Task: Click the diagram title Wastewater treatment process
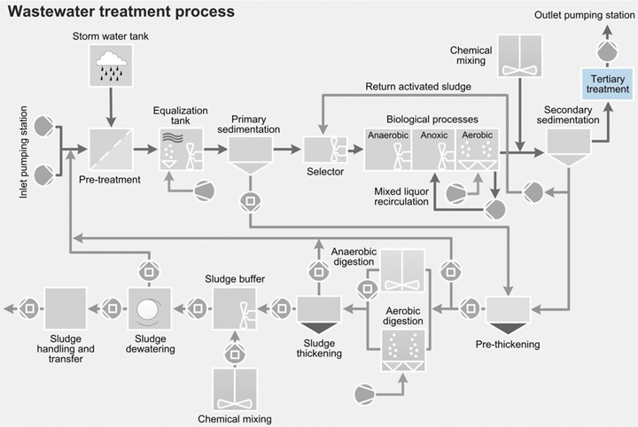point(119,12)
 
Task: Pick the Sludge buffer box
point(236,309)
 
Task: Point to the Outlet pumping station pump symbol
point(606,52)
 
